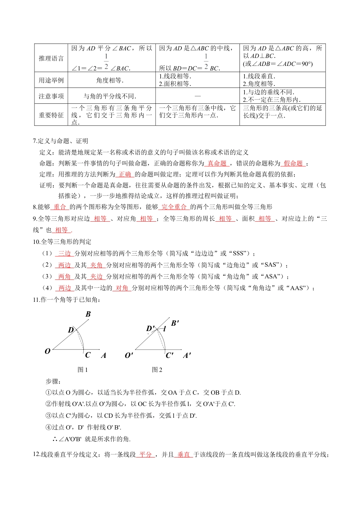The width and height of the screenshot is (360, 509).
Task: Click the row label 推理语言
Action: pos(51,58)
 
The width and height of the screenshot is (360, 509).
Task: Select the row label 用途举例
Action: pos(51,80)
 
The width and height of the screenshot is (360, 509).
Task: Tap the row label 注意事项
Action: pos(51,96)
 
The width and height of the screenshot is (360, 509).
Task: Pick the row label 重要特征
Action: pos(51,115)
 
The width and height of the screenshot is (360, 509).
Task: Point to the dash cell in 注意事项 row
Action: pos(197,96)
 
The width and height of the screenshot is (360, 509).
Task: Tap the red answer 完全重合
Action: pos(174,207)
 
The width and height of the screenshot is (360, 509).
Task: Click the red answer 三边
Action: pos(64,253)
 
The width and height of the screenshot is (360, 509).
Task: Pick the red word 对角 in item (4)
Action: pos(122,288)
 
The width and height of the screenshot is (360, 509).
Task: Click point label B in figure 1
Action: pos(88,314)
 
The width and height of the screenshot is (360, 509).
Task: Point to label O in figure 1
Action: pos(47,351)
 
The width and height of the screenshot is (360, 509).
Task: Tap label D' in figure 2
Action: pos(150,328)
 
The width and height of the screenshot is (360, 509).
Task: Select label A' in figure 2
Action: pos(187,355)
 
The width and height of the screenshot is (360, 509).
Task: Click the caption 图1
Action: pos(82,370)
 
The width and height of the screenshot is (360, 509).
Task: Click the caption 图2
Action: pos(157,370)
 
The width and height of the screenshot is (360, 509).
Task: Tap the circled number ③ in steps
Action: pos(49,415)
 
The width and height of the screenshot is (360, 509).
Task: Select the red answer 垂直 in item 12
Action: pos(183,454)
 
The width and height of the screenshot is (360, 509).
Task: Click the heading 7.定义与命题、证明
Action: pos(61,141)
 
